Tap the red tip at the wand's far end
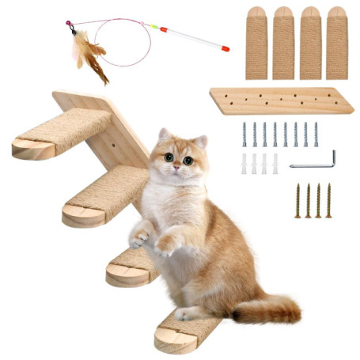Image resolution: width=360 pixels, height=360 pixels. pos(225,49)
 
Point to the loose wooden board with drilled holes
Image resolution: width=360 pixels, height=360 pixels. pos(281,100)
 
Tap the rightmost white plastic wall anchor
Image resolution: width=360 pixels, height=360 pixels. pos(275,164)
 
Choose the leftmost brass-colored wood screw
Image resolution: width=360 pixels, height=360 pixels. pos(298,200)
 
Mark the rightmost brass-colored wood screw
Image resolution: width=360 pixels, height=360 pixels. pos(328,200)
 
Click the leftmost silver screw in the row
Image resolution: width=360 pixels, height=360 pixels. pos(244,134)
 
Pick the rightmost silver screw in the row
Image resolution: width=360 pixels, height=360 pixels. pos(316,134)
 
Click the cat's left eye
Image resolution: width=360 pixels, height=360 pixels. pos(169,157)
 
